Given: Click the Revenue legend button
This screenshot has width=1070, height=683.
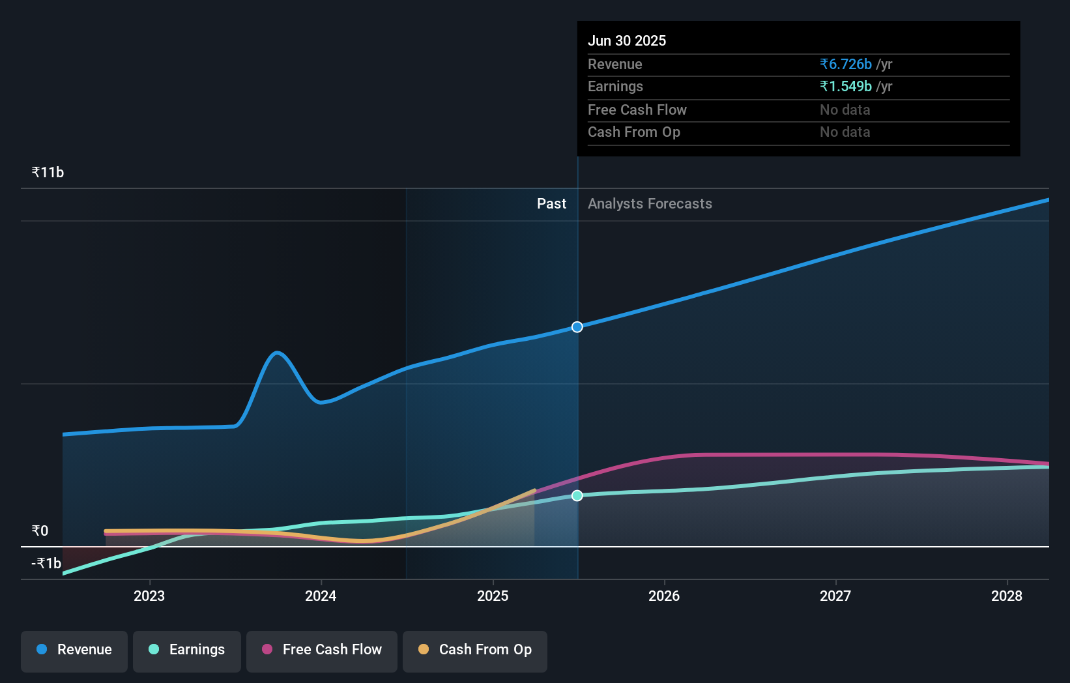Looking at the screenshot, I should point(74,650).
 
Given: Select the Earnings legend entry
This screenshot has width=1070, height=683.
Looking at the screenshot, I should point(187,650).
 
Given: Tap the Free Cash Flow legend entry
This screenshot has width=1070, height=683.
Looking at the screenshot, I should point(322,650).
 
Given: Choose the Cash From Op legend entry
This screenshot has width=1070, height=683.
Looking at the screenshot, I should point(475,650).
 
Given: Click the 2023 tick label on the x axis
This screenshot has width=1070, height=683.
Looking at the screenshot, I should point(149,596).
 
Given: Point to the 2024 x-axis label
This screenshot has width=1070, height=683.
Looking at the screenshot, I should point(321,596).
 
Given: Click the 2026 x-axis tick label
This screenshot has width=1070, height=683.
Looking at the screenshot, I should point(664,596).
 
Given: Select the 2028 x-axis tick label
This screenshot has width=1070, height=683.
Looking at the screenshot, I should point(1007,596).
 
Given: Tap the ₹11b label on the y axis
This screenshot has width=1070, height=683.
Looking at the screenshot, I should point(48,173).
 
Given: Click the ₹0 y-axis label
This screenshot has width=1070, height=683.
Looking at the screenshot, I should point(40,530).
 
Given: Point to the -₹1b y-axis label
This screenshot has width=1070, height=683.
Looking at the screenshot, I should point(46,563).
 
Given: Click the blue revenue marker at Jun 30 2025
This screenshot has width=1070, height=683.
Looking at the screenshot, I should point(577,327).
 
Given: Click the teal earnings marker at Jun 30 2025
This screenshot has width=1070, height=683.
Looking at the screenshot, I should point(577,496).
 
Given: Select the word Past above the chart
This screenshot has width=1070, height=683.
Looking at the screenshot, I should point(551,204).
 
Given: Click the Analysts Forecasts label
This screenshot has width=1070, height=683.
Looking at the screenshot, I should point(650,204).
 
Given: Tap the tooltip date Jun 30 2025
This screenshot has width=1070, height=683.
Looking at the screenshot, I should point(627,40).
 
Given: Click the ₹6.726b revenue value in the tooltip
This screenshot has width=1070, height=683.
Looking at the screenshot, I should point(846,64).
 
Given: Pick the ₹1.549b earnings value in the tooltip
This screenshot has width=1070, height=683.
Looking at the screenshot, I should point(846,86).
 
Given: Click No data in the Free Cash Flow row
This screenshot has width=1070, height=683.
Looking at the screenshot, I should point(845,109).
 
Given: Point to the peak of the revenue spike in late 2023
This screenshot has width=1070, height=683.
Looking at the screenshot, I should point(278,353).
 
